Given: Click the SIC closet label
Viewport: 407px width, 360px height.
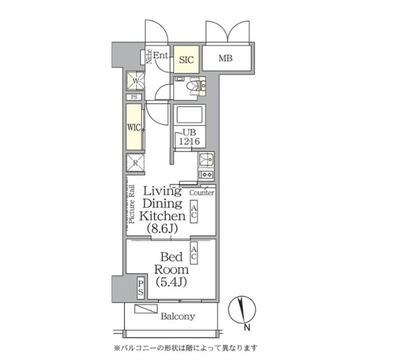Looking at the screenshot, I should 186,59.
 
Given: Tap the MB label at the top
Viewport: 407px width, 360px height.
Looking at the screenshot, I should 225,59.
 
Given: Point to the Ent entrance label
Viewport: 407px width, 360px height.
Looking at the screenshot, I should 160,56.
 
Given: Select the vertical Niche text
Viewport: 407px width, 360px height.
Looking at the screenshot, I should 149,56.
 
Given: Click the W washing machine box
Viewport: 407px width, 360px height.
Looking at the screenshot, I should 134,81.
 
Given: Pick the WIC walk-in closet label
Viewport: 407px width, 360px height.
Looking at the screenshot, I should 134,127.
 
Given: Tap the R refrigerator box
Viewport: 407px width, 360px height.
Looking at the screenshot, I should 134,162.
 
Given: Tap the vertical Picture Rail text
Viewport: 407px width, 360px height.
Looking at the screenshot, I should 131,204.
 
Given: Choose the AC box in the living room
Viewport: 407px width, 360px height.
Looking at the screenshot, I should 194,212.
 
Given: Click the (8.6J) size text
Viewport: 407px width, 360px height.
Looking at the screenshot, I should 162,229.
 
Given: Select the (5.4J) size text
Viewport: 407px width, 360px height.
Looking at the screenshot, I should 171,282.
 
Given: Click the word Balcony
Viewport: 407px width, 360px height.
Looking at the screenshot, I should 177,316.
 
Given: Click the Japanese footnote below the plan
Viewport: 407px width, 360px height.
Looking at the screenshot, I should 185,348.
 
